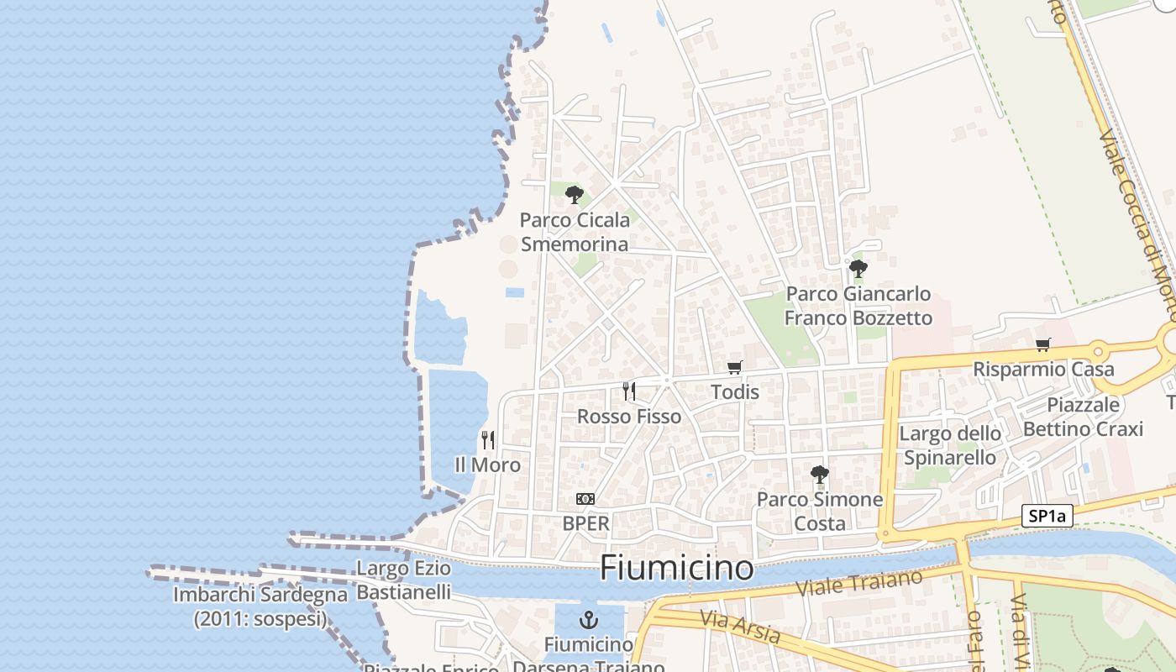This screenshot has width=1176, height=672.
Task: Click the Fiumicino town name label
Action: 676,569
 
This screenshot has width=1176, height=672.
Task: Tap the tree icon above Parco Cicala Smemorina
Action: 575,196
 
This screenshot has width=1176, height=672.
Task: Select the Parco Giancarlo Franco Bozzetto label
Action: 858,306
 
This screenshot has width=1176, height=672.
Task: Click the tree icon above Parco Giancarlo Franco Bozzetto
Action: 858,269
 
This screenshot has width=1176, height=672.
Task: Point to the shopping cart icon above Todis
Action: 735,367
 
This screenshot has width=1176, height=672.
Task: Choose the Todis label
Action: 735,392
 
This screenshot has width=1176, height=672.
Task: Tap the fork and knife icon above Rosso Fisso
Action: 628,391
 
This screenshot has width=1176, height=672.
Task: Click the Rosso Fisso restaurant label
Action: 629,417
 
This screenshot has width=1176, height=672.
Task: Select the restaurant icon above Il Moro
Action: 487,439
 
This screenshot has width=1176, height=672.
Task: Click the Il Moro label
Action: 487,465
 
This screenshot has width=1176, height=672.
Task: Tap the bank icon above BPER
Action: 585,499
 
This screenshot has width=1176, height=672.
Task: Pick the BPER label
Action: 585,523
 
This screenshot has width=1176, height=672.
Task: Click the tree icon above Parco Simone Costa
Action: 820,475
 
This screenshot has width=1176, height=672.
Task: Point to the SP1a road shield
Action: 1047,516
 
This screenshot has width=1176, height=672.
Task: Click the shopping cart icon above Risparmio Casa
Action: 1043,344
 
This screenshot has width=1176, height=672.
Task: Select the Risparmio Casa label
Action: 1043,370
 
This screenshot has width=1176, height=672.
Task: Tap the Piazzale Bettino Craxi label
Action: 1083,417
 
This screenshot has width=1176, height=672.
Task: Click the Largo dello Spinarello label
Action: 950,445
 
